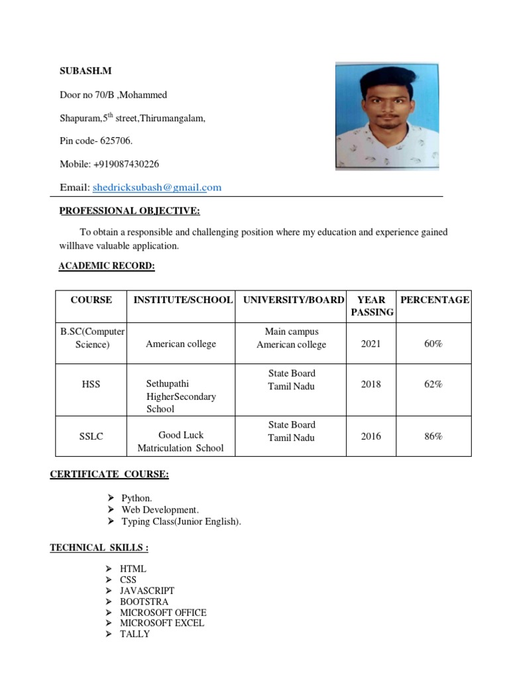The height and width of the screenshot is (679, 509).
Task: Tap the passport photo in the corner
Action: (386, 116)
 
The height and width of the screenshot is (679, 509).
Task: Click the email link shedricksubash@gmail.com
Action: (157, 188)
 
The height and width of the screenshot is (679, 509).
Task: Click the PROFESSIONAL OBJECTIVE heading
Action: (129, 212)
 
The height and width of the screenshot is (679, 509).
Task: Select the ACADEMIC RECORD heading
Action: (107, 266)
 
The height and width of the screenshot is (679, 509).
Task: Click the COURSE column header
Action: (91, 300)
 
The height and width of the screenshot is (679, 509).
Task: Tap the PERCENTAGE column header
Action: (434, 300)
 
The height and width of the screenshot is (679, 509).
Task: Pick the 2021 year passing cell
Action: (371, 343)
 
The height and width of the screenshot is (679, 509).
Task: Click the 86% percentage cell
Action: (433, 436)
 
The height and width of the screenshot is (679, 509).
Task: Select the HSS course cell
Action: (91, 385)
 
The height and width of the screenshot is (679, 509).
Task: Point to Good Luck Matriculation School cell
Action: (180, 442)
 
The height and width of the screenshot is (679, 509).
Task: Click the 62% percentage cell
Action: (433, 385)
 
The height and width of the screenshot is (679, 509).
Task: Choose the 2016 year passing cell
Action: (371, 436)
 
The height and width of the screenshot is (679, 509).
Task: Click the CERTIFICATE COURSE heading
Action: (109, 474)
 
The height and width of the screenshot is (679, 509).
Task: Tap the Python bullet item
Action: (137, 498)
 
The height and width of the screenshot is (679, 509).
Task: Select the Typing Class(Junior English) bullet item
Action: (181, 522)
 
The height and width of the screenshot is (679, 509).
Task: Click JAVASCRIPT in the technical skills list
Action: (147, 591)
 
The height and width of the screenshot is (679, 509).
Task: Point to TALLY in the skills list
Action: (135, 634)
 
